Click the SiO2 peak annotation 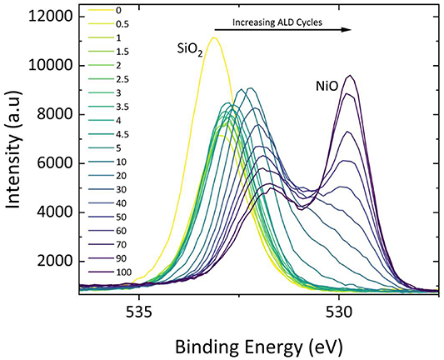point(187,52)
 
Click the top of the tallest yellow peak point(214,37)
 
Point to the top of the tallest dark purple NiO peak point(351,76)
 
